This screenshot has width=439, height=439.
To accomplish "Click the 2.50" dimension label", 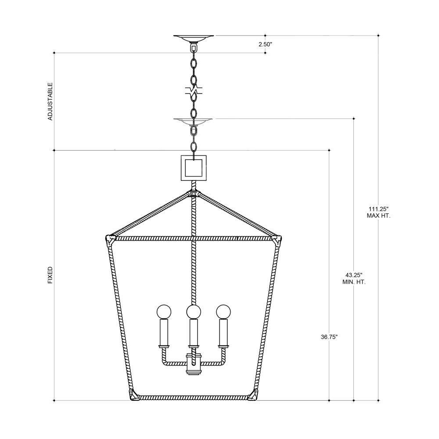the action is (265, 44).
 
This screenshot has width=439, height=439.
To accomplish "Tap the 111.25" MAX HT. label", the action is (378, 212).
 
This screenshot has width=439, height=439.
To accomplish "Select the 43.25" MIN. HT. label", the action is (354, 279).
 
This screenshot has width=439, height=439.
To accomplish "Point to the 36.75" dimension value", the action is (329, 337).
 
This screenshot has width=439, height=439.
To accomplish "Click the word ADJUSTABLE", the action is (50, 101).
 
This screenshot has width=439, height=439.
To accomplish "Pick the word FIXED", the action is (50, 275).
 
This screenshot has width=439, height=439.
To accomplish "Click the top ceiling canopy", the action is (194, 38).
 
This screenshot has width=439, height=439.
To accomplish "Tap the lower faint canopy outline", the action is (193, 121).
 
